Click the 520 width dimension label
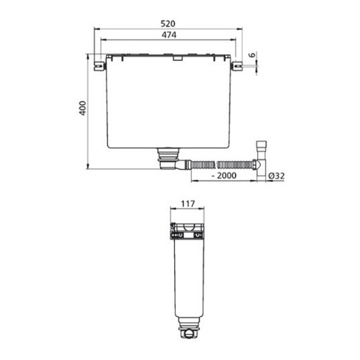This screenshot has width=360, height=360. tap(170, 24)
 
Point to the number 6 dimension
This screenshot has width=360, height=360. tap(251, 56)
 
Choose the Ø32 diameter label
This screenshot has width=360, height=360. tap(277, 177)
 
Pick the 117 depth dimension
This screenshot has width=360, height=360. tap(188, 207)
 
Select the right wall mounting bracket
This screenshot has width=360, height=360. tap(238, 66)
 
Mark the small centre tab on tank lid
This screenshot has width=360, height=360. tap(173, 62)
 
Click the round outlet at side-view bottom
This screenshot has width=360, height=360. tap(190, 336)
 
